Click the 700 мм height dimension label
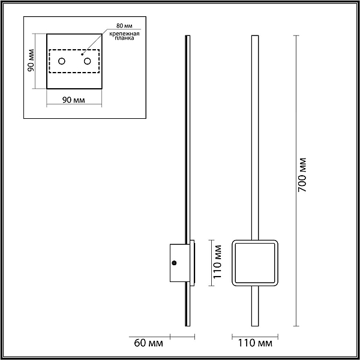pyautogui.click(x=302, y=175)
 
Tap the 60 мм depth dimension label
pyautogui.click(x=149, y=343)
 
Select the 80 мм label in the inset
pyautogui.click(x=124, y=25)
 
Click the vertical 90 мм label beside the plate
pyautogui.click(x=31, y=61)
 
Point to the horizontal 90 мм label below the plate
pyautogui.click(x=74, y=100)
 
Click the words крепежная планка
pyautogui.click(x=124, y=36)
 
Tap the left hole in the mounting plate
pyautogui.click(x=62, y=61)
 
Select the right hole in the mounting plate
pyautogui.click(x=87, y=61)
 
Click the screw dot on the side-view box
pyautogui.click(x=174, y=263)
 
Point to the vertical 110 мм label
pyautogui.click(x=217, y=262)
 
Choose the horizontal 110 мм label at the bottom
pyautogui.click(x=255, y=343)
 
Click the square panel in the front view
pyautogui.click(x=255, y=263)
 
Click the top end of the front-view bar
pyautogui.click(x=255, y=36)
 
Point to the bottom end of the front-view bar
pyautogui.click(x=255, y=326)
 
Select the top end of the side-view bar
pyautogui.click(x=188, y=36)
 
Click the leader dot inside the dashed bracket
pyautogui.click(x=82, y=55)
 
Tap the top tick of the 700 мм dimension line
pyautogui.click(x=296, y=35)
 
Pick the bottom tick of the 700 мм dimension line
pyautogui.click(x=296, y=326)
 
